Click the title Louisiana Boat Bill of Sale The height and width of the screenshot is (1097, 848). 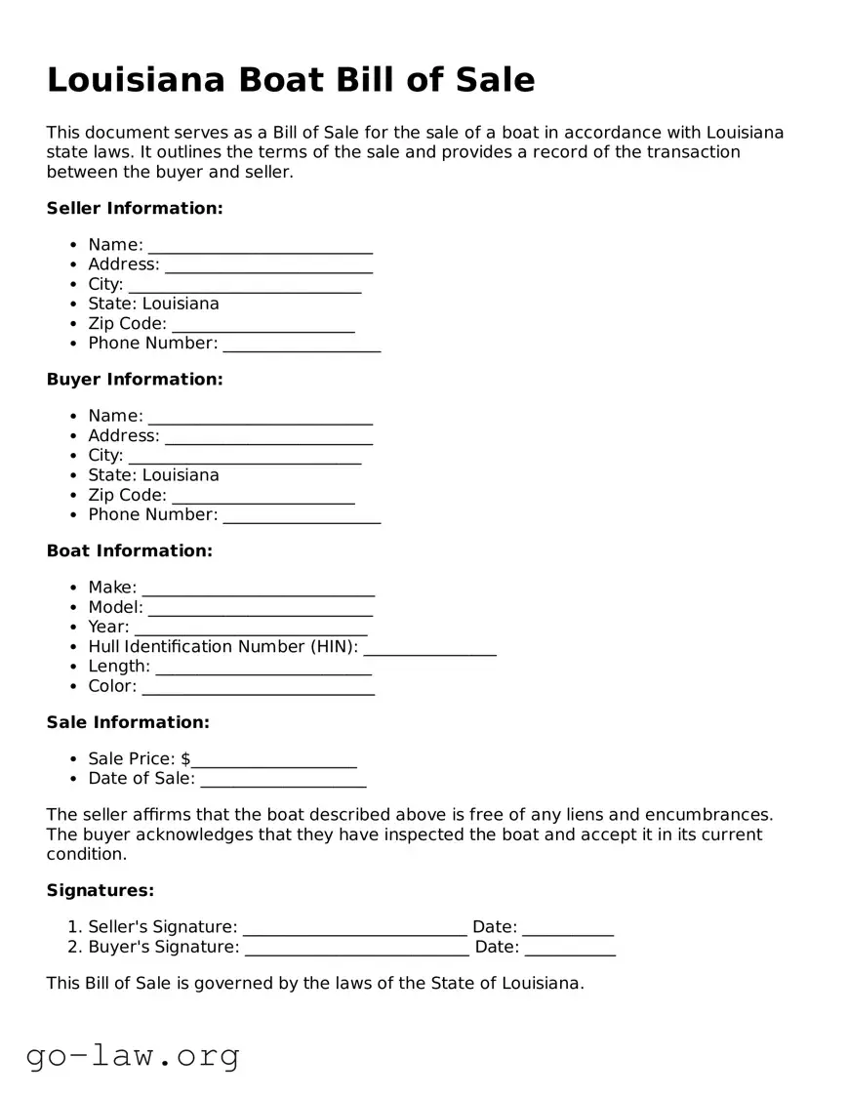click(x=291, y=80)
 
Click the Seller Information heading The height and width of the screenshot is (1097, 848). click(x=135, y=208)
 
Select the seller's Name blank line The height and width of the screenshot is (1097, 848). click(x=260, y=246)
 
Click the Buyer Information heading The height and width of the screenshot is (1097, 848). click(x=135, y=379)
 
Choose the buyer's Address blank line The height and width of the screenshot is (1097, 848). click(x=268, y=437)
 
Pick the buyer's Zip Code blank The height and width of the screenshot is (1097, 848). click(x=262, y=497)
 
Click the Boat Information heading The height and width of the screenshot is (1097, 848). click(x=129, y=550)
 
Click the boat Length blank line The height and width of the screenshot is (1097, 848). click(x=262, y=668)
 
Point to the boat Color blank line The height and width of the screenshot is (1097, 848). click(x=258, y=687)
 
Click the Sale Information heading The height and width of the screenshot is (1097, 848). click(x=128, y=722)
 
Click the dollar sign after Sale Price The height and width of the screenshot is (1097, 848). click(x=185, y=759)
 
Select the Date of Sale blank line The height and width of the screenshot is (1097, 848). click(x=283, y=780)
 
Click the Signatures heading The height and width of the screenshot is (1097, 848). click(x=101, y=890)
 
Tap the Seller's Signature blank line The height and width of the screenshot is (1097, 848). click(x=354, y=928)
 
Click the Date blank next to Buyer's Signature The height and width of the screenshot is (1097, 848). click(x=570, y=948)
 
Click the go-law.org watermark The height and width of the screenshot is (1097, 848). click(x=133, y=1055)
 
